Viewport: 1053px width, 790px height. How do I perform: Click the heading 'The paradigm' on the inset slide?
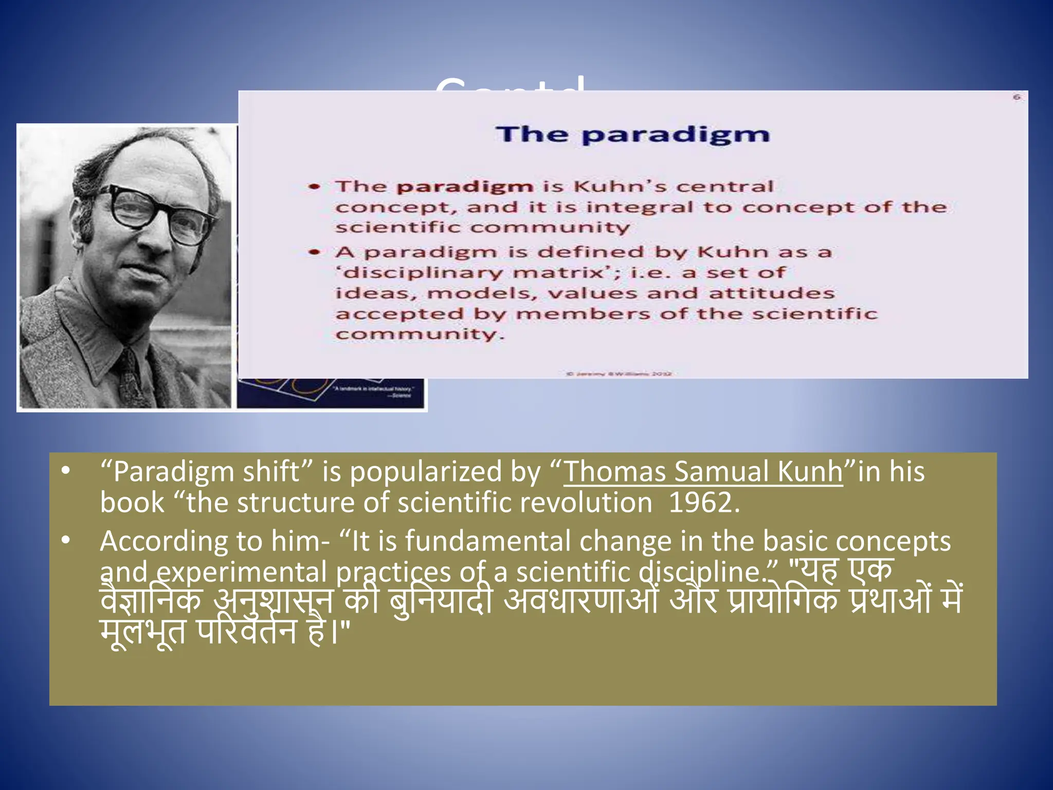633,135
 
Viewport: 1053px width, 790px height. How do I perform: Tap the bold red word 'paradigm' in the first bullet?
464,186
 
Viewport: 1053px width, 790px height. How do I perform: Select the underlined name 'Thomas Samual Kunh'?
703,471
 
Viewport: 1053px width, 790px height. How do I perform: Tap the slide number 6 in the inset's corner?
1016,97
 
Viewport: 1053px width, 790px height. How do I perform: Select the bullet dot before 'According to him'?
65,542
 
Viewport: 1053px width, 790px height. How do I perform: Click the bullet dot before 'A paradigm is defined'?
315,253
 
